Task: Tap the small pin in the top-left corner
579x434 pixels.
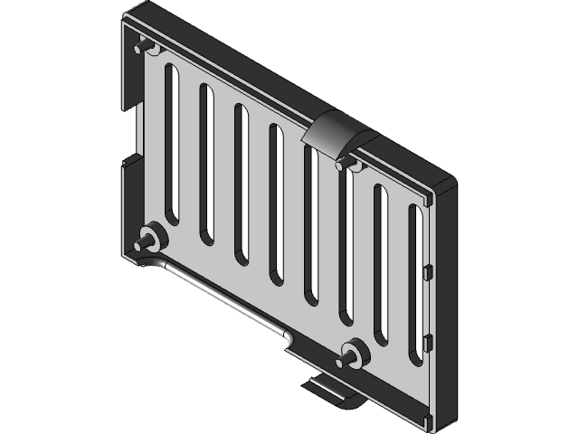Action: [141, 45]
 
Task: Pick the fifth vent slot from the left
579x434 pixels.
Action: [310, 226]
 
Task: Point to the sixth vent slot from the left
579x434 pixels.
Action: [345, 249]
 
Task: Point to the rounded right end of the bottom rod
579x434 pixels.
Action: [288, 337]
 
